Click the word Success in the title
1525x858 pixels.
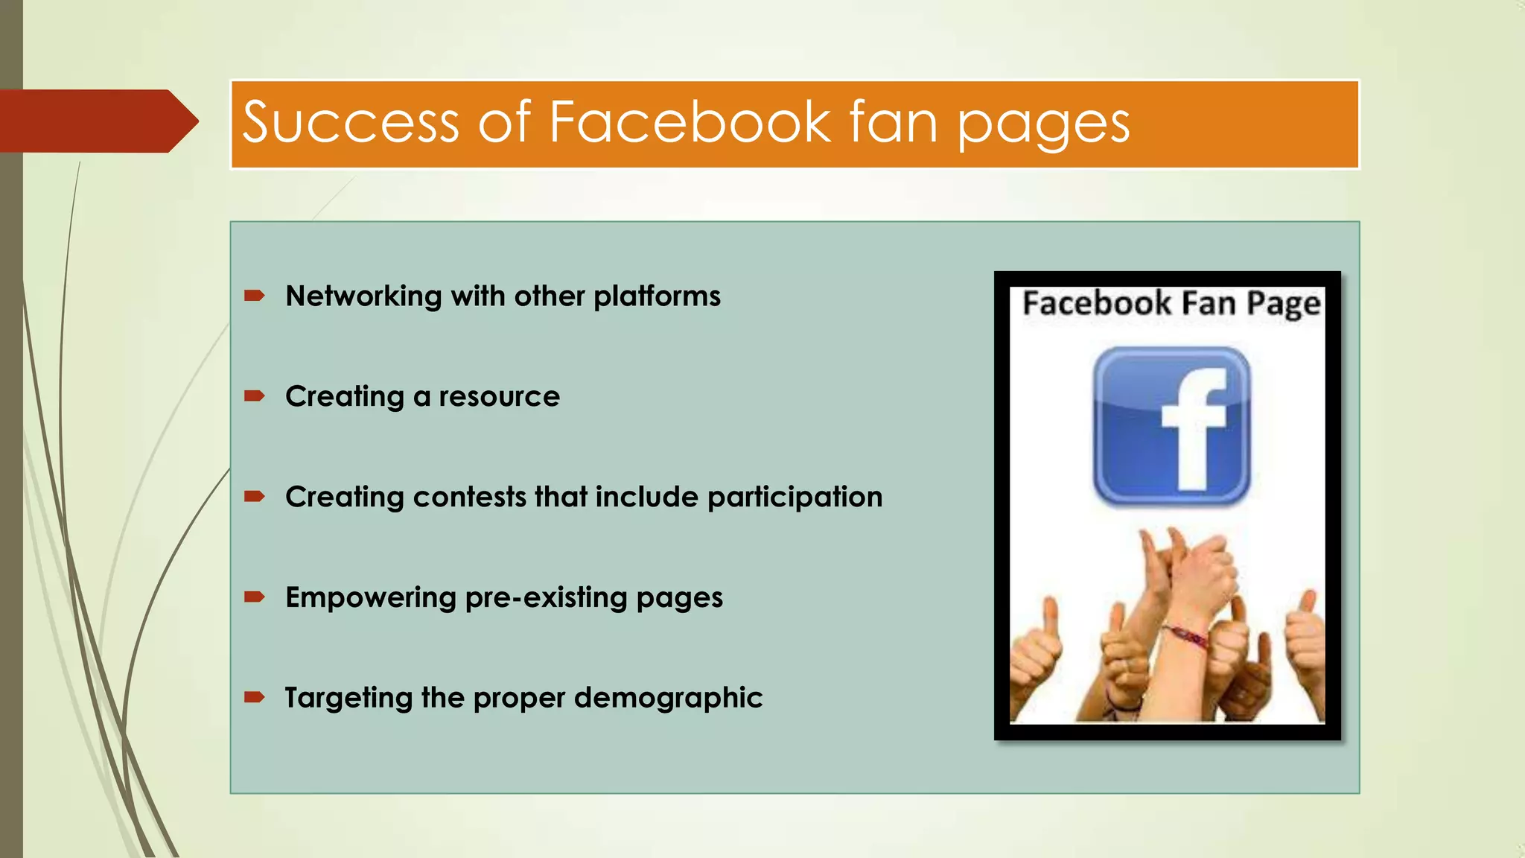[351, 123]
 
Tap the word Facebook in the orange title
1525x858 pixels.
[690, 123]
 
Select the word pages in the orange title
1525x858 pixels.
[1043, 125]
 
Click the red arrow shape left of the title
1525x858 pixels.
[97, 121]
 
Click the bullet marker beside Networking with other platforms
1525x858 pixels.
[255, 296]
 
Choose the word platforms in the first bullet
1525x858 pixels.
[657, 296]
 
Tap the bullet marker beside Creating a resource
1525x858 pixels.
[255, 396]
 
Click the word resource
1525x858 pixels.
[499, 397]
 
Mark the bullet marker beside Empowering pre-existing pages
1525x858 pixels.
[255, 597]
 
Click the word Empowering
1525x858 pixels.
[371, 598]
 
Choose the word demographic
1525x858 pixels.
[668, 699]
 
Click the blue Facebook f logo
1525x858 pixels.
[1171, 426]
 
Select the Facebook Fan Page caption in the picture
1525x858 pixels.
[1171, 304]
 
